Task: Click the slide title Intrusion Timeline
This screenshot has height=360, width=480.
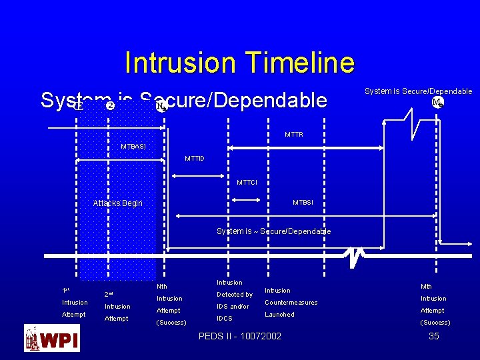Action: click(x=239, y=63)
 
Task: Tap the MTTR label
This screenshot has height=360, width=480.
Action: click(x=294, y=135)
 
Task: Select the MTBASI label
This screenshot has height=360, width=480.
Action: click(x=133, y=147)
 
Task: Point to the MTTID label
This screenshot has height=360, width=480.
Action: click(x=194, y=159)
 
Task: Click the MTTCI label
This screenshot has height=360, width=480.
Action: click(x=247, y=183)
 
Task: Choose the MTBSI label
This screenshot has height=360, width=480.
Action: click(x=303, y=203)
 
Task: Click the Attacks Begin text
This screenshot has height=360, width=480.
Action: click(x=117, y=203)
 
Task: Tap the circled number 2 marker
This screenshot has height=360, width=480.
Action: click(x=110, y=105)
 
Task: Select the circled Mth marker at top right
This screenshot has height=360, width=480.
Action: click(x=437, y=103)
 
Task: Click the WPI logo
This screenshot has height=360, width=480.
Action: click(x=52, y=338)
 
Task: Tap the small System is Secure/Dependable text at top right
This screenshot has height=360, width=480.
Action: click(x=418, y=91)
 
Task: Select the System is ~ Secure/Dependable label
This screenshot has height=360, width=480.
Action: click(x=273, y=231)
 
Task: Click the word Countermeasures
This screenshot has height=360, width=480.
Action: click(x=291, y=303)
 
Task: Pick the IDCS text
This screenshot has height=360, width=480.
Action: click(x=225, y=319)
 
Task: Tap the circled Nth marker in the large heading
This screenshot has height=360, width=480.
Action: click(x=160, y=106)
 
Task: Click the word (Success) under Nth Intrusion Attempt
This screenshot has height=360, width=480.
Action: click(x=171, y=323)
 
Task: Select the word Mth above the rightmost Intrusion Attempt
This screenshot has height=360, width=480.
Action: click(x=427, y=287)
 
